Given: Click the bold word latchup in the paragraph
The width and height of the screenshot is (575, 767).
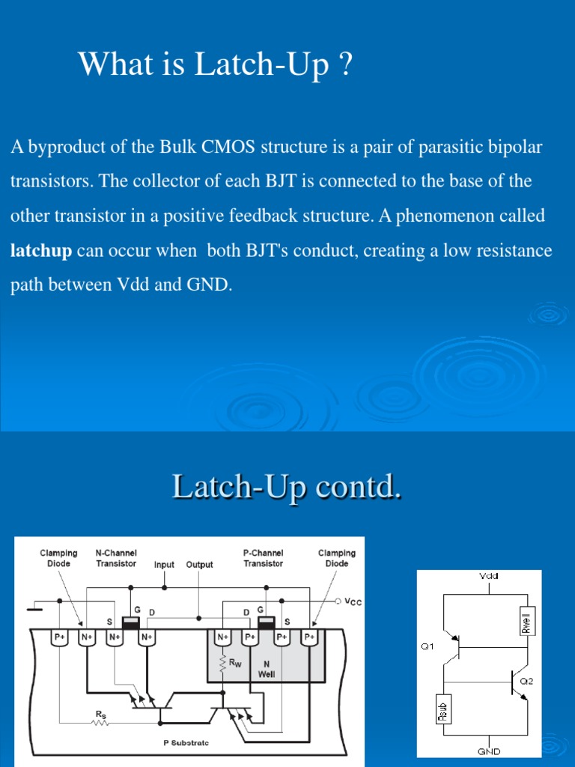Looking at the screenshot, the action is point(41,250).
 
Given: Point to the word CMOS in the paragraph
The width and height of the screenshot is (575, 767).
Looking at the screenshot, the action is point(229,147).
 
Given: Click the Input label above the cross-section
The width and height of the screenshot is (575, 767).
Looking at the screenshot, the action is point(164,565).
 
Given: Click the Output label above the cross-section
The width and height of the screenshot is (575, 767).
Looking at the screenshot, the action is point(199,565).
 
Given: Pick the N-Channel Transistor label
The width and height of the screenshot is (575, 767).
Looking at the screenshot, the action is point(116,558).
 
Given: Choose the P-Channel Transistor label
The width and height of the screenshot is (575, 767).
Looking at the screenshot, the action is point(264,558).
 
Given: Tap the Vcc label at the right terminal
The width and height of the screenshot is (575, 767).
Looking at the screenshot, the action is point(352,601).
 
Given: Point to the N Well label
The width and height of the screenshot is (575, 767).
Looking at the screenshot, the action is point(267,668).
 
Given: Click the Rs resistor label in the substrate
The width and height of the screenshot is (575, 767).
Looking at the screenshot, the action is point(100,715).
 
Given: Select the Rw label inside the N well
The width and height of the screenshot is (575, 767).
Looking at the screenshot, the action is point(236,661).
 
